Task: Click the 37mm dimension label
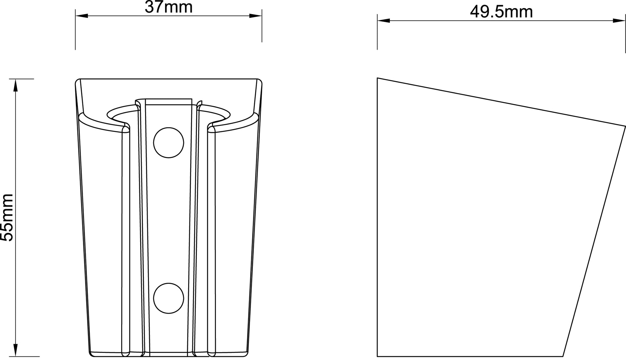pyautogui.click(x=168, y=7)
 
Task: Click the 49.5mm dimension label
pyautogui.click(x=501, y=12)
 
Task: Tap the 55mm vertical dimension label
pyautogui.click(x=7, y=217)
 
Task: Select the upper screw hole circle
pyautogui.click(x=169, y=143)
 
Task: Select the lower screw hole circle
pyautogui.click(x=169, y=298)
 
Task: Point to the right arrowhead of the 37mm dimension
pyautogui.click(x=255, y=16)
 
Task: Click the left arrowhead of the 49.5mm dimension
pyautogui.click(x=383, y=21)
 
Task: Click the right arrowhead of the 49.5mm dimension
pyautogui.click(x=619, y=21)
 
